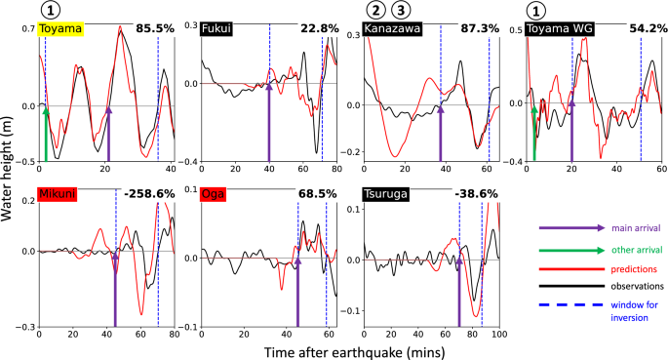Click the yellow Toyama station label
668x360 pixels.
click(x=61, y=29)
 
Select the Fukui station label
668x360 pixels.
click(x=216, y=29)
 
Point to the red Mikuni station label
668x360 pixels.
click(x=59, y=193)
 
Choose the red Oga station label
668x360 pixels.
click(x=214, y=193)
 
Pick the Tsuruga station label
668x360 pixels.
click(x=388, y=193)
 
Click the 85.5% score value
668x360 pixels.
click(x=153, y=28)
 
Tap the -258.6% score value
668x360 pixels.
click(x=145, y=193)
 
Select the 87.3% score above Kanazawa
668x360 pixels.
click(x=478, y=28)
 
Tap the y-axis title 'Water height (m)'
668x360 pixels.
click(x=8, y=181)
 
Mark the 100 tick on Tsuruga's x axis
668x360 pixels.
click(x=498, y=335)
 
